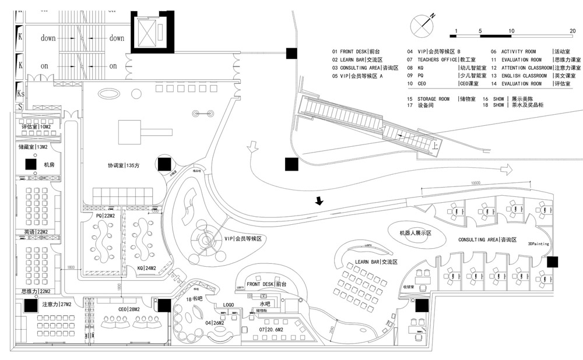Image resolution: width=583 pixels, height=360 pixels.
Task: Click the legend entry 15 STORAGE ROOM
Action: pyautogui.click(x=437, y=99)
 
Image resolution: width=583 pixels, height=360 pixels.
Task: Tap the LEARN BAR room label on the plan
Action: pyautogui.click(x=376, y=263)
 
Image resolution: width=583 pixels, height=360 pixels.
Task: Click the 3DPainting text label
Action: pyautogui.click(x=538, y=244)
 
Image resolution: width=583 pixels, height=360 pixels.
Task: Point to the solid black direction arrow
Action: pyautogui.click(x=319, y=202)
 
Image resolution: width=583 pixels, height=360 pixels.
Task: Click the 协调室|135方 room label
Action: pyautogui.click(x=122, y=165)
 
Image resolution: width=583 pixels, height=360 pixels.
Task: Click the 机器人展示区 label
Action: pyautogui.click(x=415, y=232)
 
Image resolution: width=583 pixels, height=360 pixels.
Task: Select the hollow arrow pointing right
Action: pyautogui.click(x=505, y=169)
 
